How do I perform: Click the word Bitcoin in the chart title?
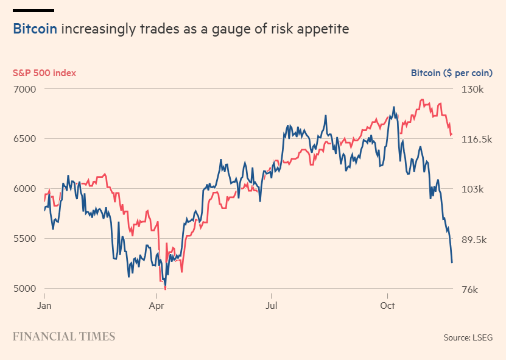[35, 29]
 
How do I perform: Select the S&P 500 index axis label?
[44, 73]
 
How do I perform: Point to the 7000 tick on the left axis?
[24, 89]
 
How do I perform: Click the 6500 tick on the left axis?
[24, 139]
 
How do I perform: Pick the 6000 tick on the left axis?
[24, 189]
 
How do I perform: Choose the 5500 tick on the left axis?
[24, 239]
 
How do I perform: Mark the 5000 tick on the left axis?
[24, 289]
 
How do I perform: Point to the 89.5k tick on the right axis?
[474, 239]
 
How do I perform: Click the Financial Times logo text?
[64, 336]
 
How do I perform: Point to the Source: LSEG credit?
[468, 337]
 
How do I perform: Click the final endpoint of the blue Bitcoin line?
[452, 263]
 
